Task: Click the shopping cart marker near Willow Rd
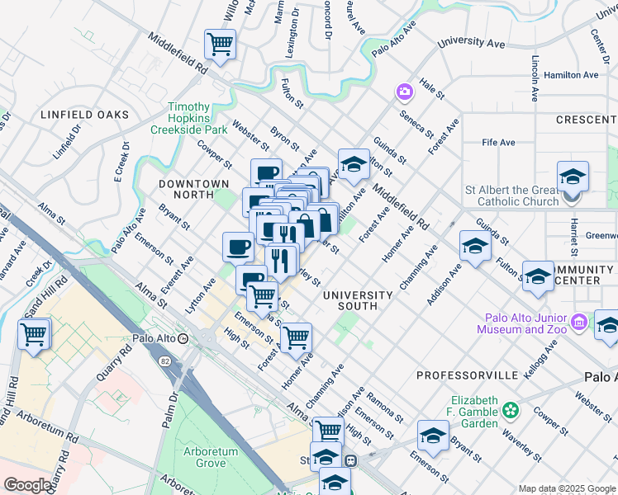coord(220,44)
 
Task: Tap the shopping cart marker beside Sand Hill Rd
coord(35,334)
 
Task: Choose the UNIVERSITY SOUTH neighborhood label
coord(357,300)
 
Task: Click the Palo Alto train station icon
coord(183,338)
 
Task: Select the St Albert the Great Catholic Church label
coord(511,196)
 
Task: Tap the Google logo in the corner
coord(27,485)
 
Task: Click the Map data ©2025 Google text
coord(567,488)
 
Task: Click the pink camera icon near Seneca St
coord(405,91)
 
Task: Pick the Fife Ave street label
coord(498,142)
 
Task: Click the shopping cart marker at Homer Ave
coord(296,337)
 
